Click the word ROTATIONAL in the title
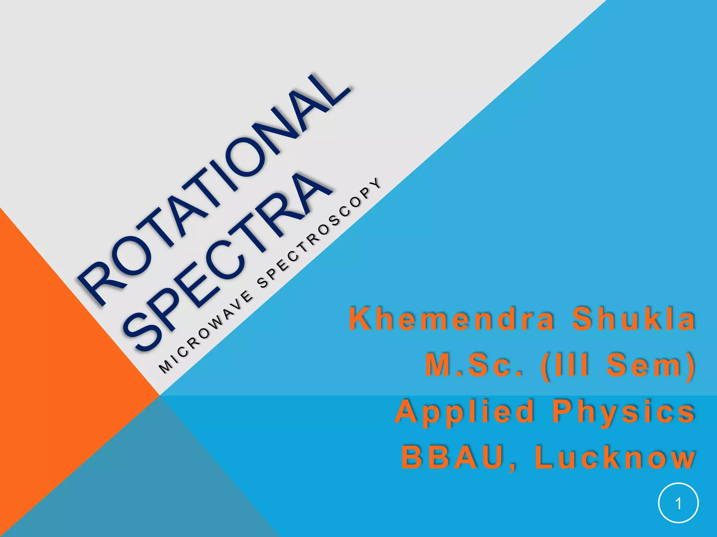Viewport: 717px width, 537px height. click(x=214, y=189)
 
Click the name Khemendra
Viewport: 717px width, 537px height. click(x=452, y=319)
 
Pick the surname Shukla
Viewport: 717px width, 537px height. click(x=634, y=319)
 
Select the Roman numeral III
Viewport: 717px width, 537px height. click(x=569, y=365)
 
